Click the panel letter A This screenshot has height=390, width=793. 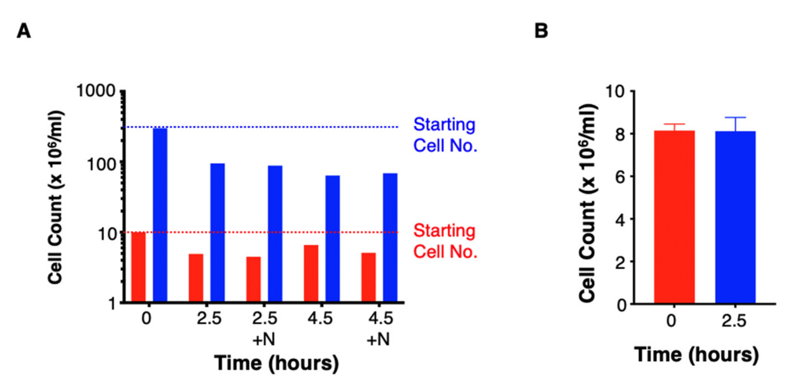coord(24,31)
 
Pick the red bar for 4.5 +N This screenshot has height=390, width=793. coord(368,277)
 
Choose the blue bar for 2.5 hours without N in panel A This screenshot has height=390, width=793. coord(217,232)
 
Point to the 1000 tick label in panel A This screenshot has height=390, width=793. coord(95,91)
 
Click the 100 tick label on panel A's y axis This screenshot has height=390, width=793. coord(101,165)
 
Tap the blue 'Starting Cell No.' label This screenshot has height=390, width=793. coord(445,135)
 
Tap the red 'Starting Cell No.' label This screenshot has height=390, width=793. coord(445,241)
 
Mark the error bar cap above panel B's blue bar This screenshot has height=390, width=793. coord(735,117)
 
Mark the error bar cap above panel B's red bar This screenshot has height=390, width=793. coord(674,124)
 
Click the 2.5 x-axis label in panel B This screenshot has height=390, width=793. coord(734,321)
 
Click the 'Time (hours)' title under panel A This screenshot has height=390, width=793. coord(276,363)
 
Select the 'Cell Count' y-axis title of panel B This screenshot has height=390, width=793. coord(588,203)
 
